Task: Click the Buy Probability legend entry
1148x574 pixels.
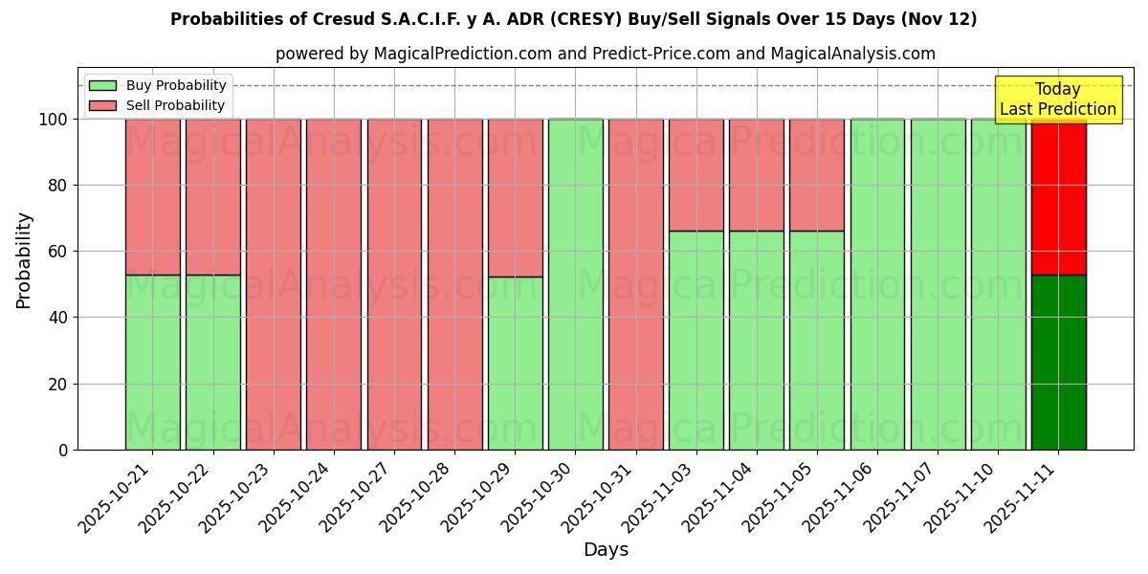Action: pos(157,85)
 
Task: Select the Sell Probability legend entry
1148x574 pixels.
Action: pos(157,105)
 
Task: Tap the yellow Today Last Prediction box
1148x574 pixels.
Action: pos(1057,99)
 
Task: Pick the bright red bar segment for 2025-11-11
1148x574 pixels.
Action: pos(1058,197)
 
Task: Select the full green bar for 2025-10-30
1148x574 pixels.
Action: pos(575,284)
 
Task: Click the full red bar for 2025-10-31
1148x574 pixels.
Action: pos(635,284)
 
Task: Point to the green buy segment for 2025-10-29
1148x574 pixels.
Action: pos(515,363)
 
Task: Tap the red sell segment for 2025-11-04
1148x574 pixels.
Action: pos(756,175)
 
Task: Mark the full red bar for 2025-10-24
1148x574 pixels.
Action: pos(334,284)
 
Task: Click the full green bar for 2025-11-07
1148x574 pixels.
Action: pos(938,284)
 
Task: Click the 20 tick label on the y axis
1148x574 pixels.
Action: pos(60,385)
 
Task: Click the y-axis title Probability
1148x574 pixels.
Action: pos(24,260)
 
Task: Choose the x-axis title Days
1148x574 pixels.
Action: pos(606,550)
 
